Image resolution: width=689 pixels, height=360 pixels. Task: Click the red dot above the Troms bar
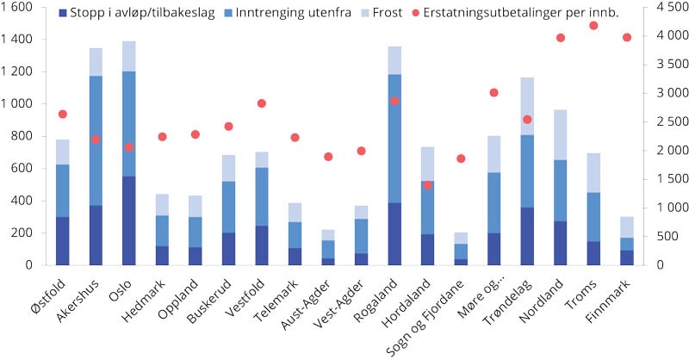[x=593, y=26]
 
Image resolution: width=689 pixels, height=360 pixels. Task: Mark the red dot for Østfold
[x=62, y=114]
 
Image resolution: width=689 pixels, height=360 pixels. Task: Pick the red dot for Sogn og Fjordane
[x=461, y=158]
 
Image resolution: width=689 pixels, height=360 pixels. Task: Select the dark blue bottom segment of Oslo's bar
[x=128, y=220]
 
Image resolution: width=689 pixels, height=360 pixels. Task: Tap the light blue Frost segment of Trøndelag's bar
[x=527, y=106]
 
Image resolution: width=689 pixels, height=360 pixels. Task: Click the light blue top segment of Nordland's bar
[x=560, y=134]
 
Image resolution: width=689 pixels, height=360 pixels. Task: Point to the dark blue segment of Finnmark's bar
[x=626, y=258]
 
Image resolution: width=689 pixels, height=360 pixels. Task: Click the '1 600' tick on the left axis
[x=17, y=7]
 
